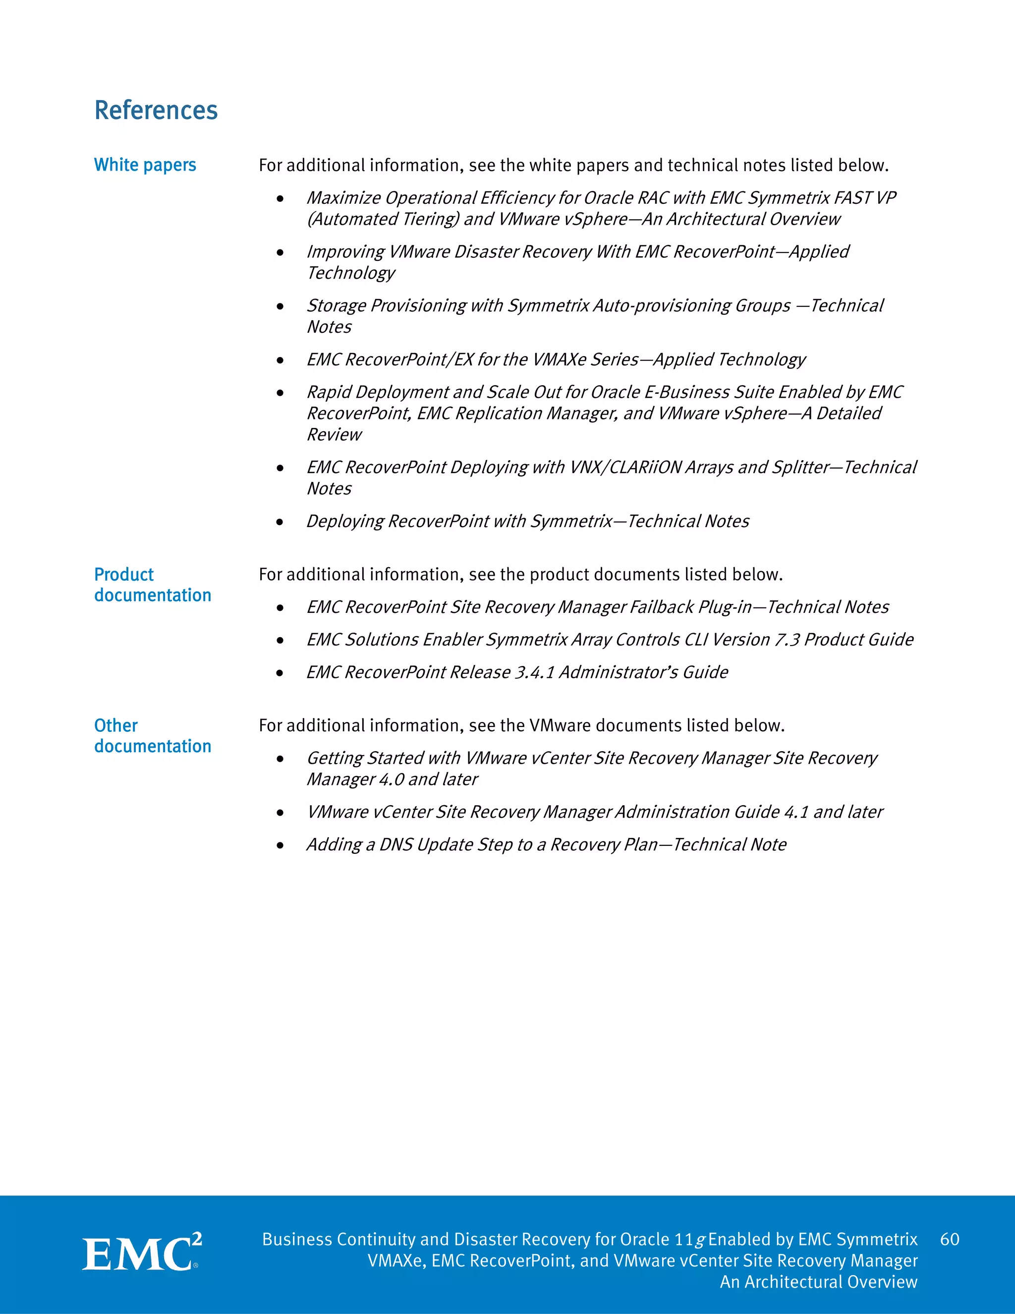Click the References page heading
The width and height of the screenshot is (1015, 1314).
(x=156, y=111)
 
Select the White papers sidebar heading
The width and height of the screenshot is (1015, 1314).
(x=145, y=165)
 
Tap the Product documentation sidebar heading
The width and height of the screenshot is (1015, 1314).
(x=152, y=585)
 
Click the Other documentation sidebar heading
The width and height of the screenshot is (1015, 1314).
(x=152, y=736)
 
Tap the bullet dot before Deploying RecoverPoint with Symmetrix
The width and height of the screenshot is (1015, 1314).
(x=280, y=522)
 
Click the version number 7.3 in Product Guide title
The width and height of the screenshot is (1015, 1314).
(x=787, y=640)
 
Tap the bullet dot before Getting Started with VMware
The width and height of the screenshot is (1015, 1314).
(x=280, y=759)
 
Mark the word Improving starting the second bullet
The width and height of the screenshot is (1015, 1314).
(x=345, y=252)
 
